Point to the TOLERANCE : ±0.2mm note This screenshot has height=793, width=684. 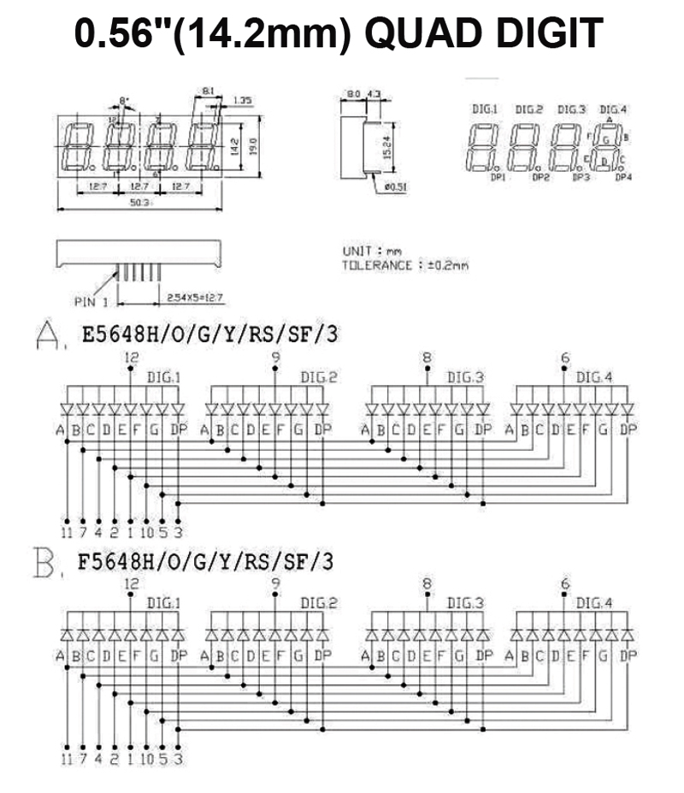[405, 265]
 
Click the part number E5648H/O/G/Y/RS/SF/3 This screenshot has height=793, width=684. [209, 334]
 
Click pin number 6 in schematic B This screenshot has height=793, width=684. [564, 584]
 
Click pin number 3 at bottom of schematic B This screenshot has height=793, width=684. [178, 758]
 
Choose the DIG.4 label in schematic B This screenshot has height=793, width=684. [593, 603]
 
